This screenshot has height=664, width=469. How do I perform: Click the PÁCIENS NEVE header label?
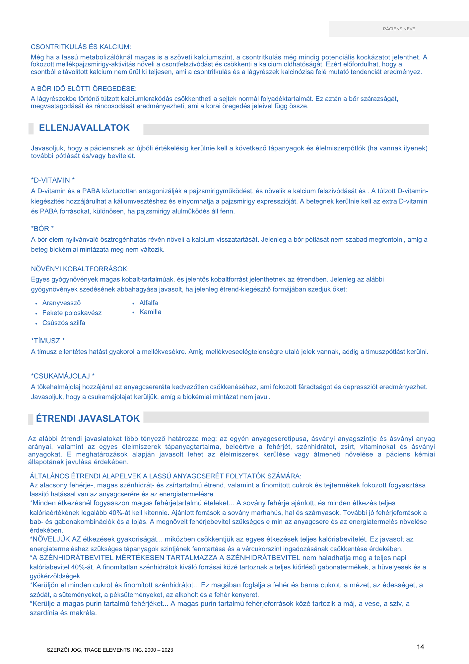point(399,29)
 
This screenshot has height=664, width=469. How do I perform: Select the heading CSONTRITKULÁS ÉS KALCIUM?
point(81,47)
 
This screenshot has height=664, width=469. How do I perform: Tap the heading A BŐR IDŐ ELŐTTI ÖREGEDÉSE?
point(84,89)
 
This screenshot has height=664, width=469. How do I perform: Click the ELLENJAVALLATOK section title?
point(84,128)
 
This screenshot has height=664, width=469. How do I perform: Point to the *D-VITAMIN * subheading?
point(53,180)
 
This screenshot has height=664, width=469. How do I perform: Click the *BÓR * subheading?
point(42,229)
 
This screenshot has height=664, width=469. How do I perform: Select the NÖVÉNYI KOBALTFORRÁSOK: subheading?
point(80,269)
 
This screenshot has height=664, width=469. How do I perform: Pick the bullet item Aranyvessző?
point(61,303)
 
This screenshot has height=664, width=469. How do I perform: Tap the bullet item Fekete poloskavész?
point(72,313)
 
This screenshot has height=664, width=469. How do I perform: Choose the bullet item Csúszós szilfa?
point(64,323)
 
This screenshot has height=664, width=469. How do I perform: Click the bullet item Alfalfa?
point(149,303)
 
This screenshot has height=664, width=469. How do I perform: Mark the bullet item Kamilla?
point(150,312)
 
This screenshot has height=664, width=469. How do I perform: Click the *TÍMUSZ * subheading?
point(48,341)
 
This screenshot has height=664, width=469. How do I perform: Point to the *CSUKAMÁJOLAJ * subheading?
point(63,376)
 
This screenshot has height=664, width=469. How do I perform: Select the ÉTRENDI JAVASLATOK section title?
point(88,419)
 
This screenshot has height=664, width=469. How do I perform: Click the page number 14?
point(420,647)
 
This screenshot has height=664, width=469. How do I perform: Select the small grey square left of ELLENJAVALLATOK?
point(31,129)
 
